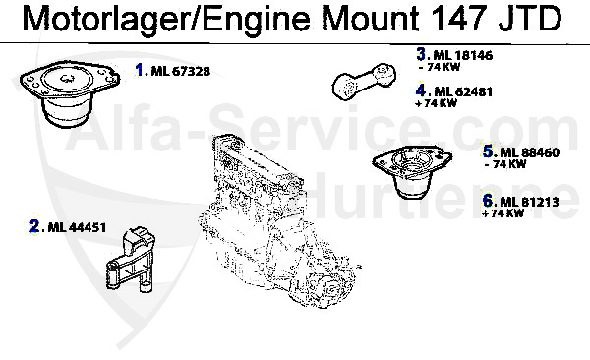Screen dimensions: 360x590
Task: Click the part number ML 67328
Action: [x=182, y=72]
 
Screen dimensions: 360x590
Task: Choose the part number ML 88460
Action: [x=529, y=152]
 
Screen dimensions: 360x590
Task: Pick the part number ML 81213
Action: [x=529, y=202]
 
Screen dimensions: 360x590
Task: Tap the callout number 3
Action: [x=421, y=56]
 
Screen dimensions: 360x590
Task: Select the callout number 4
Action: [x=421, y=91]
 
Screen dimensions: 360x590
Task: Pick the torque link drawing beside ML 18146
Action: [x=369, y=81]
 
